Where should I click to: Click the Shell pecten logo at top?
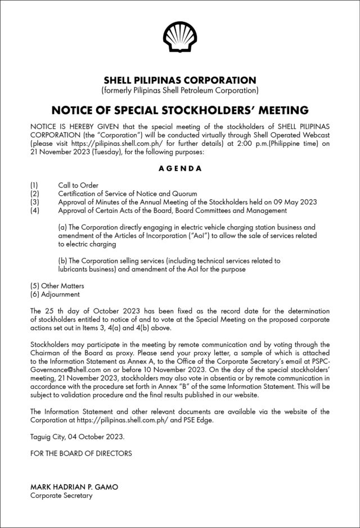click(x=179, y=38)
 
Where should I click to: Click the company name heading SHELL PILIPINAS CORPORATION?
click(x=179, y=80)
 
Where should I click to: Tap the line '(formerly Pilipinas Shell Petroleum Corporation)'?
click(x=179, y=91)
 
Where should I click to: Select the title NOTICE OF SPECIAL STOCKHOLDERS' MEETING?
click(x=179, y=109)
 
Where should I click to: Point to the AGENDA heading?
click(x=179, y=168)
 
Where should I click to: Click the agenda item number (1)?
click(x=34, y=185)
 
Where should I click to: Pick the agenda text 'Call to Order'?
click(x=78, y=185)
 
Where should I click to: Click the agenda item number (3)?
click(x=34, y=202)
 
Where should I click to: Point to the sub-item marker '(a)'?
click(x=62, y=227)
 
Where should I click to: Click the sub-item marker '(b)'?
click(x=62, y=261)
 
